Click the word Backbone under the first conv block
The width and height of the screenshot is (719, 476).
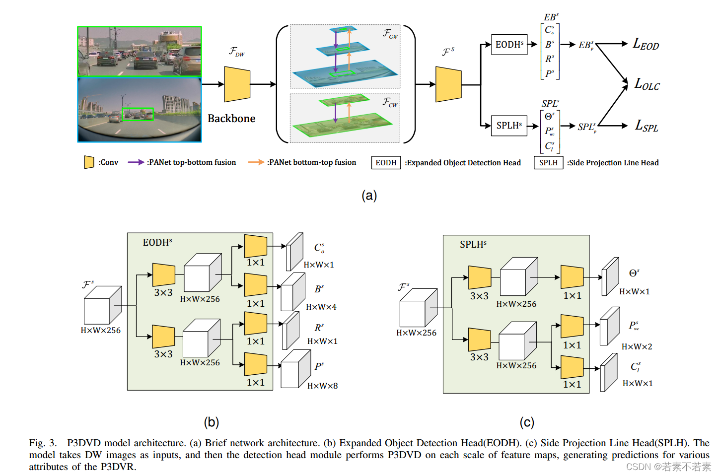[x=231, y=119]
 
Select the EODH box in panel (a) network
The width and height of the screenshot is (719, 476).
[x=509, y=45]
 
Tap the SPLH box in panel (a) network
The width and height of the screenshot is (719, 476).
[x=509, y=126]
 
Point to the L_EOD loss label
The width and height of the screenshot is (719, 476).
[x=646, y=45]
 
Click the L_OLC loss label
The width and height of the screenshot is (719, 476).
[x=647, y=84]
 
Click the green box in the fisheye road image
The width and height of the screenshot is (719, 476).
[x=138, y=114]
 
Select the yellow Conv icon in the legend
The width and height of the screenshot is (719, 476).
[x=89, y=162]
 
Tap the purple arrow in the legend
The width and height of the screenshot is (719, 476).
[x=136, y=162]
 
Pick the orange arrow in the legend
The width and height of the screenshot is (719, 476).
[x=256, y=162]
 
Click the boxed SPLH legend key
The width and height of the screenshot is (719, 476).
[x=548, y=163]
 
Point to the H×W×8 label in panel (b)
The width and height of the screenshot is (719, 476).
[x=322, y=386]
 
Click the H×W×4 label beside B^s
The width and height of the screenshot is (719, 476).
[x=321, y=307]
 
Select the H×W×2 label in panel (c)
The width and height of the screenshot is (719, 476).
[x=637, y=346]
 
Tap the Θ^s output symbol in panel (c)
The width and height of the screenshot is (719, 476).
[x=634, y=273]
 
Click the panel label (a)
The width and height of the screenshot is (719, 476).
[x=369, y=196]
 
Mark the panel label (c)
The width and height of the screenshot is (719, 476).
[x=527, y=422]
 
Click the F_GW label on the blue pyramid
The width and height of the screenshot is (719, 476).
[x=390, y=34]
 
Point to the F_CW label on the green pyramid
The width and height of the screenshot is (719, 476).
[x=390, y=102]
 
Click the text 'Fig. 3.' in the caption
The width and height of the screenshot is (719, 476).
[x=43, y=443]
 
